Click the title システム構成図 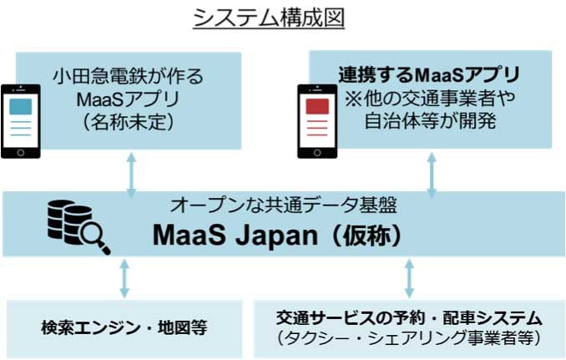[x=269, y=18]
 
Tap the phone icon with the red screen [x=317, y=119]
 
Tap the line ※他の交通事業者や [x=429, y=98]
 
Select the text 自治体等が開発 [x=429, y=121]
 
